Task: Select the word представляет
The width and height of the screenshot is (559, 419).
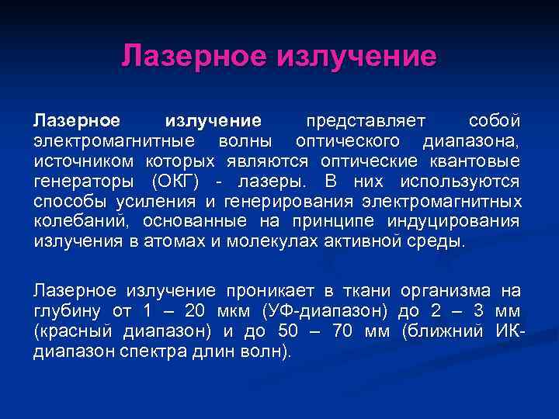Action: tap(366, 121)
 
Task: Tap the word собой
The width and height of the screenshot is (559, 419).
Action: tap(495, 121)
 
